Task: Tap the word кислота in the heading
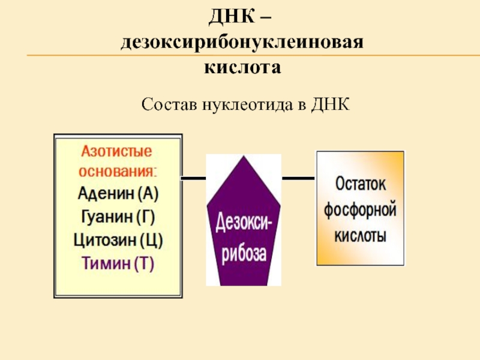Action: [x=243, y=65]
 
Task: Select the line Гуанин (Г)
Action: [x=119, y=216]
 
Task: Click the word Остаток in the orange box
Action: [x=360, y=184]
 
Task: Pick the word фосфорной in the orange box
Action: [x=360, y=209]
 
